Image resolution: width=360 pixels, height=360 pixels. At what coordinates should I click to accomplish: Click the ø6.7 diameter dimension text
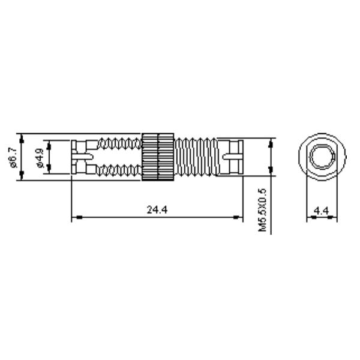pos(11,157)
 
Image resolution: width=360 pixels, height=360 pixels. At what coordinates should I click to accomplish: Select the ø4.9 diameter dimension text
pos(40,157)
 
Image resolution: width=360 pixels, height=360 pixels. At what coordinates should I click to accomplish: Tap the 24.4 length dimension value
pos(157,209)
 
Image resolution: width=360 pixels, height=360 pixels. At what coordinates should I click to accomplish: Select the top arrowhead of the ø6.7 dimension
pos(22,137)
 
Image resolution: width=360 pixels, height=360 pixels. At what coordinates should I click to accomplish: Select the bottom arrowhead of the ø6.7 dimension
pos(22,178)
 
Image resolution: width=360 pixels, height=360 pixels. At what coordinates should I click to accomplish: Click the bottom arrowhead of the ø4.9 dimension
pos(50,170)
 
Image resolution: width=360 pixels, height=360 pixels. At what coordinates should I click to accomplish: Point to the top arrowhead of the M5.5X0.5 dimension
pos(271,142)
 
